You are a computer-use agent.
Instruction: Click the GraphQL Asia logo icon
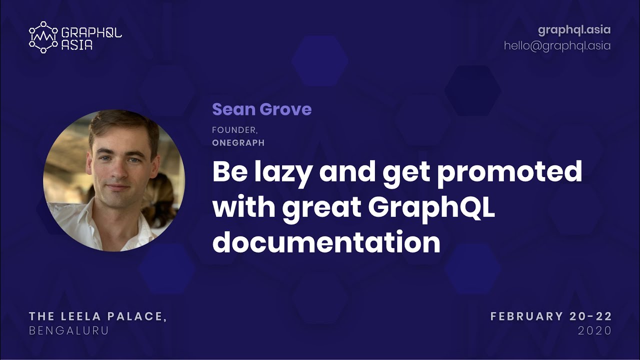[x=43, y=37]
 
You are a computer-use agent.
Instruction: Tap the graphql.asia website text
[x=574, y=30]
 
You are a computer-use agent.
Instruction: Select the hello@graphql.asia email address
[x=557, y=45]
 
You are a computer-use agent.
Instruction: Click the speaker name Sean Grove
[x=261, y=109]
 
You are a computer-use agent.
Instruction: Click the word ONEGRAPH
[x=238, y=143]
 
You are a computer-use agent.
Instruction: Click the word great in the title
[x=321, y=207]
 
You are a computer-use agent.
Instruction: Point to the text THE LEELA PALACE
[x=97, y=316]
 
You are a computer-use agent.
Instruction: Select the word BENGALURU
[x=69, y=330]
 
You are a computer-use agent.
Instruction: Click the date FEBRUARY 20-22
[x=551, y=316]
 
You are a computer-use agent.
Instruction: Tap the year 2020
[x=594, y=330]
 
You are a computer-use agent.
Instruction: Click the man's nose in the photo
[x=118, y=172]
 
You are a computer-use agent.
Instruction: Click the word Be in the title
[x=227, y=172]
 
